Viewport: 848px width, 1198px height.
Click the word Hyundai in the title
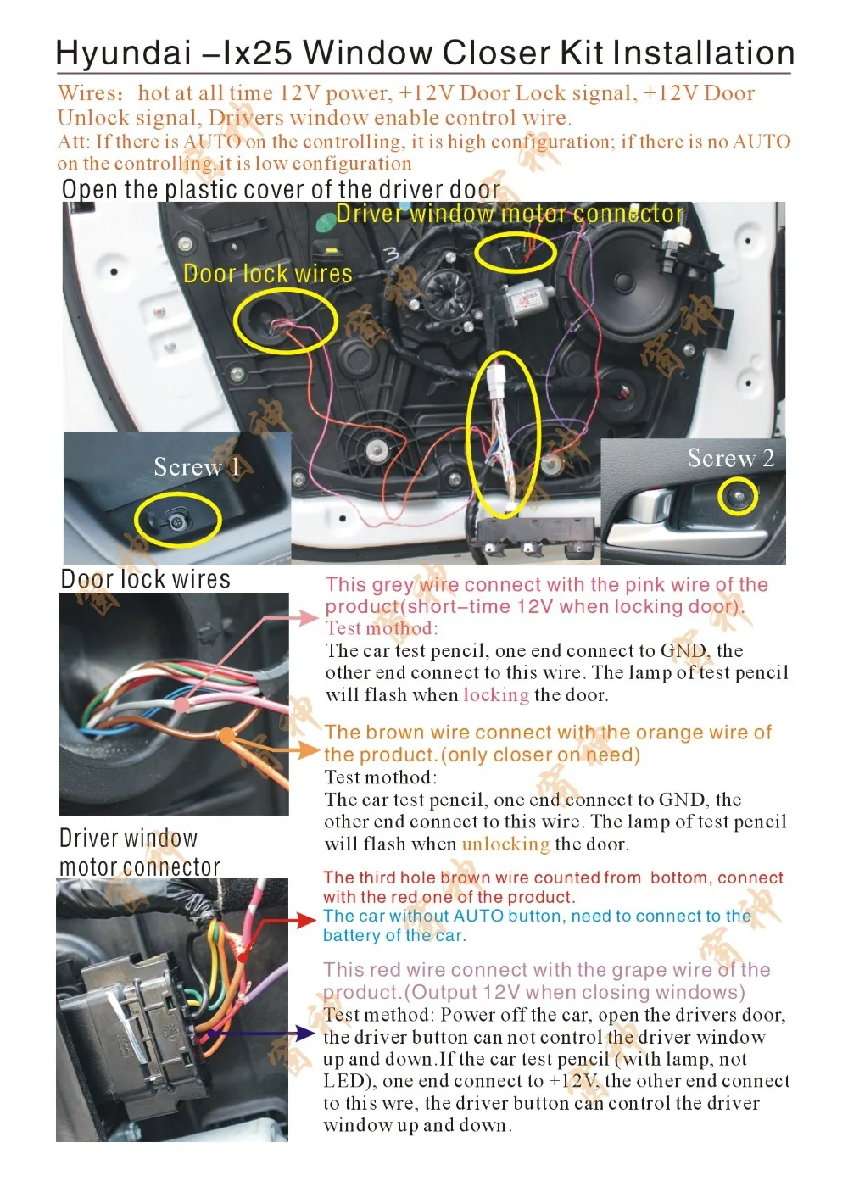tap(124, 53)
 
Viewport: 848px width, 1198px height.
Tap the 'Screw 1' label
tap(196, 467)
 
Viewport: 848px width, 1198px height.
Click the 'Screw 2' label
tap(730, 459)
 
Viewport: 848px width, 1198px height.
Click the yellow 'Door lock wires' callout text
tap(267, 274)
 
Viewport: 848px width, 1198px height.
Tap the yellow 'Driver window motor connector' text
tap(510, 214)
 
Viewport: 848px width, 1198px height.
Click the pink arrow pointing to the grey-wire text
tap(302, 618)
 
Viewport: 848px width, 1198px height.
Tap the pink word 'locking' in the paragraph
tap(495, 695)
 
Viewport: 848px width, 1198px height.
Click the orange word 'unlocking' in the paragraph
tap(505, 844)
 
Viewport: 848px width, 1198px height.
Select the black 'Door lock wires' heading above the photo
tap(145, 579)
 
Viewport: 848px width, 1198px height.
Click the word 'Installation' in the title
tap(703, 53)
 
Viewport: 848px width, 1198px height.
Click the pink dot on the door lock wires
tap(181, 705)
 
